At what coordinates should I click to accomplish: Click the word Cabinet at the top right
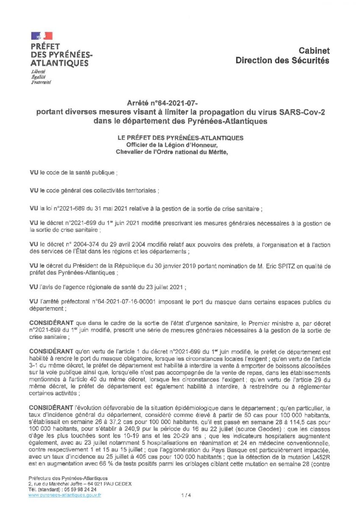pyautogui.click(x=314, y=50)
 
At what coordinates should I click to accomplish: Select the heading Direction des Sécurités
pyautogui.click(x=282, y=61)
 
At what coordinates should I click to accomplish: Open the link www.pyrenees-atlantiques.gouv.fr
pyautogui.click(x=65, y=495)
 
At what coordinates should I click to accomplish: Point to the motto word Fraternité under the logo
pyautogui.click(x=41, y=82)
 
